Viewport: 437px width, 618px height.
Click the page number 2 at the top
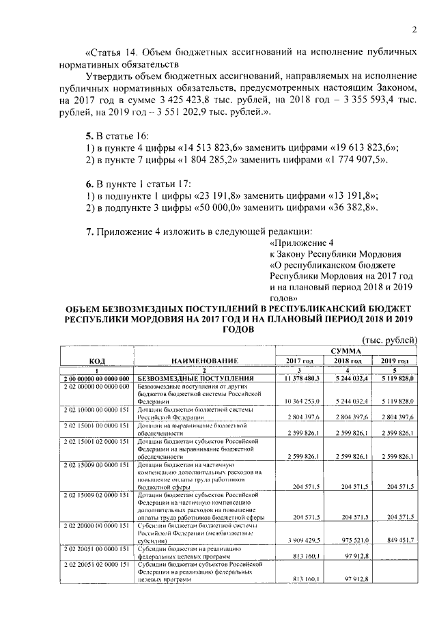(x=414, y=29)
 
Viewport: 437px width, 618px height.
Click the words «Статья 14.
(x=113, y=53)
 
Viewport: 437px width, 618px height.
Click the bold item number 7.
(x=90, y=230)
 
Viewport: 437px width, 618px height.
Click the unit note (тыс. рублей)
(x=388, y=340)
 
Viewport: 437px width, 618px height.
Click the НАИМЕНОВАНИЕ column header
(x=204, y=360)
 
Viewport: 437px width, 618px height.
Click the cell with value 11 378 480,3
(x=300, y=377)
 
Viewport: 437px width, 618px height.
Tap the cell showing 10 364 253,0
(x=300, y=400)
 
